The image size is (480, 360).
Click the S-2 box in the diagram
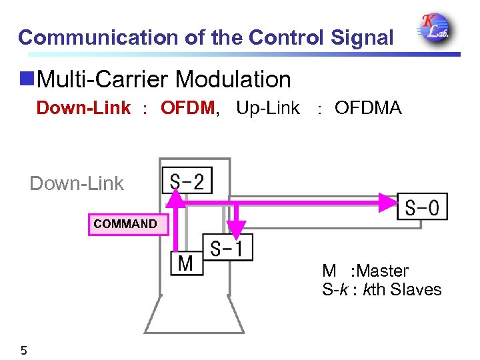pos(187,180)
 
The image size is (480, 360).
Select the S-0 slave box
pos(422,207)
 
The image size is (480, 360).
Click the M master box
pos(185,263)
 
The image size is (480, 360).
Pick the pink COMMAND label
pos(125,224)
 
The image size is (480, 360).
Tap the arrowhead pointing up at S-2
pos(176,196)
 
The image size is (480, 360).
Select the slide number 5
pos(23,350)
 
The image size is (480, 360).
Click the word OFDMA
pos(368,108)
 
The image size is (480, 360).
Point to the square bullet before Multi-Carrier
pos(27,79)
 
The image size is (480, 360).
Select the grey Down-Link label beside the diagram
pos(77,183)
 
